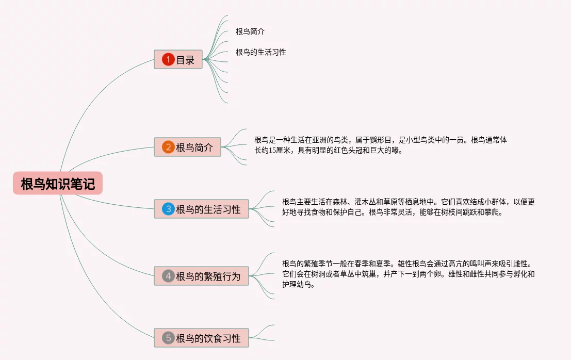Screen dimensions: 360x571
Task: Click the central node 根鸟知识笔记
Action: pyautogui.click(x=58, y=184)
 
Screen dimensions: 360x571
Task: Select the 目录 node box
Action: pyautogui.click(x=178, y=59)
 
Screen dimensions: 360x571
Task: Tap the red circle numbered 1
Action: pyautogui.click(x=168, y=59)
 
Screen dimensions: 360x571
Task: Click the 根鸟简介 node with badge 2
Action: pyautogui.click(x=187, y=147)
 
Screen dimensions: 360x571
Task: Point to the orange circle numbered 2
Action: pyautogui.click(x=168, y=147)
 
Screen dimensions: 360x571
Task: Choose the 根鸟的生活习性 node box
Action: pyautogui.click(x=201, y=209)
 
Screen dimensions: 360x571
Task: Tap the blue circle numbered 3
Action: pyautogui.click(x=168, y=209)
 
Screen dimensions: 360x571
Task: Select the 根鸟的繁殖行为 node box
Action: pyautogui.click(x=201, y=276)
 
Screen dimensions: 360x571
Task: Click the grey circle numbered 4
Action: pyautogui.click(x=168, y=276)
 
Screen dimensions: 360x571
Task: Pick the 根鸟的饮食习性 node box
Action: pyautogui.click(x=201, y=338)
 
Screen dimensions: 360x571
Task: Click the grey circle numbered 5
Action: pyautogui.click(x=168, y=338)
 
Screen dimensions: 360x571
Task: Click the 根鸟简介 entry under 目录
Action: pyautogui.click(x=250, y=31)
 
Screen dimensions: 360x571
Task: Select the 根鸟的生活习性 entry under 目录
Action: pyautogui.click(x=260, y=52)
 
